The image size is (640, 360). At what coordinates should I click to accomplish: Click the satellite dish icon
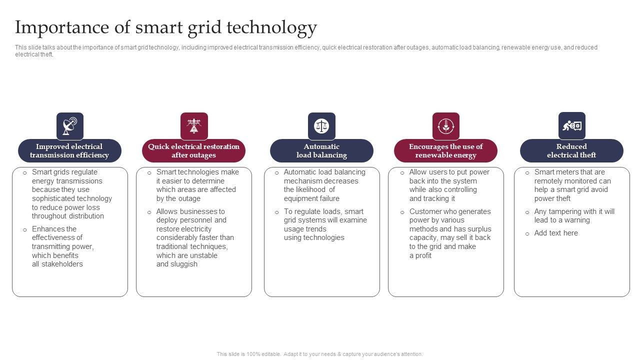click(x=70, y=126)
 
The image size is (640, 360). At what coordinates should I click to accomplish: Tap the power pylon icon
click(x=194, y=126)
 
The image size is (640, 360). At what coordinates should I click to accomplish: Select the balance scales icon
click(x=321, y=126)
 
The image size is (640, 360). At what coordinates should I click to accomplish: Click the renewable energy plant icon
click(x=445, y=126)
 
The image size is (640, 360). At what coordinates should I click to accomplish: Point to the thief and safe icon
click(x=572, y=125)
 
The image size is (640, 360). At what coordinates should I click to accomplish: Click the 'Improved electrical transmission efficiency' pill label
click(x=69, y=150)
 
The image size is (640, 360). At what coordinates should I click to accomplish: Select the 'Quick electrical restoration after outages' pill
click(x=193, y=150)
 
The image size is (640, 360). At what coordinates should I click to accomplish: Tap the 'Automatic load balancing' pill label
click(x=321, y=150)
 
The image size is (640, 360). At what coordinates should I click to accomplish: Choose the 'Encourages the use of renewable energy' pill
click(x=445, y=150)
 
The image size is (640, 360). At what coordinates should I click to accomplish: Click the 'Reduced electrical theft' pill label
click(x=571, y=150)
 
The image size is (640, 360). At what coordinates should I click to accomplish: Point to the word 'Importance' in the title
click(x=62, y=27)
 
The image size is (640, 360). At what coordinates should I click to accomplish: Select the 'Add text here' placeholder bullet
click(x=556, y=233)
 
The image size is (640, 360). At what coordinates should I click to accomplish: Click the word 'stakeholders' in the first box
click(x=62, y=264)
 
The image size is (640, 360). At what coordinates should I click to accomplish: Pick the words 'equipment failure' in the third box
click(x=311, y=198)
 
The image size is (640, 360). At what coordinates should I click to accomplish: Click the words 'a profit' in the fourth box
click(x=420, y=255)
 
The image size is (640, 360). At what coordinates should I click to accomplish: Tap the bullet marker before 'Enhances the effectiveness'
click(x=25, y=229)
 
